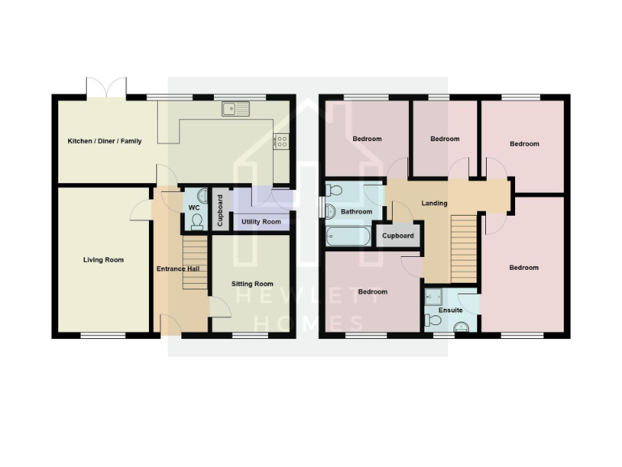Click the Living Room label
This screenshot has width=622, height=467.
[x=104, y=260]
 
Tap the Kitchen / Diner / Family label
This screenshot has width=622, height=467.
[x=104, y=141]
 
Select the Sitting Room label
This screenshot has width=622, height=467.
[x=252, y=284]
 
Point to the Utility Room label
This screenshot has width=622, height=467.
[x=261, y=221]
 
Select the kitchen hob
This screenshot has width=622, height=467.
[x=282, y=140]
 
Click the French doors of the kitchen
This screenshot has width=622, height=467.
[x=107, y=88]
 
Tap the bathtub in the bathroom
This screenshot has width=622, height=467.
[x=348, y=237]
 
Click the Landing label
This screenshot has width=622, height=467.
[x=435, y=203]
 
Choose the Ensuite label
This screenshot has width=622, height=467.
[x=450, y=311]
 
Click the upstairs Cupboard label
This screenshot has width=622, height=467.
[x=398, y=236]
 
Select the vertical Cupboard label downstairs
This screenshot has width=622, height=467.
[x=219, y=210]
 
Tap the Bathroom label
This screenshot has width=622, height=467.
[x=356, y=212]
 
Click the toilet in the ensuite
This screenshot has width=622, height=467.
[x=460, y=326]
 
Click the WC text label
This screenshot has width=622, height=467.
[x=194, y=207]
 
